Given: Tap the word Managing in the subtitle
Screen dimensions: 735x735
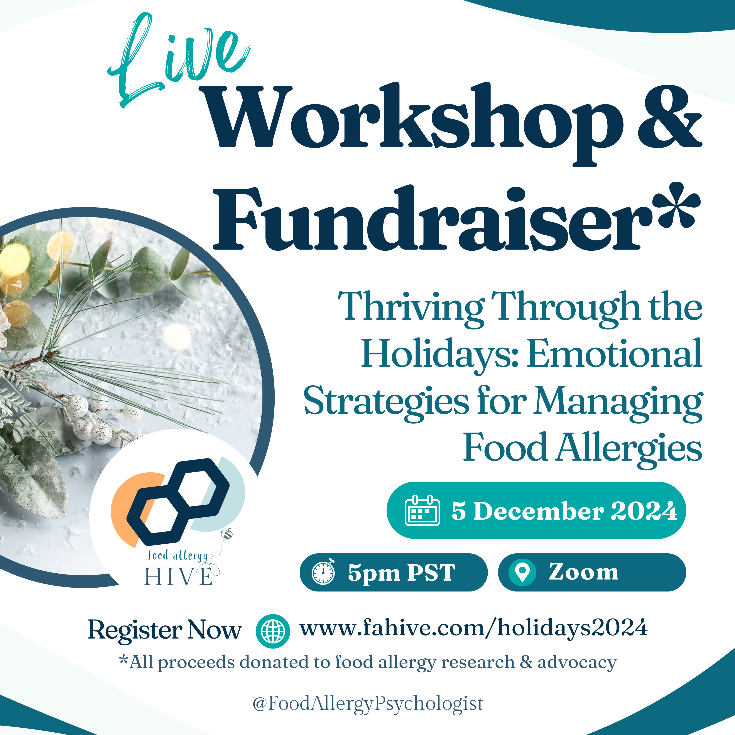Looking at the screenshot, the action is click(x=618, y=403).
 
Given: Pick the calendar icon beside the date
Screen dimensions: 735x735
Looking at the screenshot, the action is click(x=422, y=510).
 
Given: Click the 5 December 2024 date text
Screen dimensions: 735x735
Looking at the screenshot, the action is click(x=564, y=510).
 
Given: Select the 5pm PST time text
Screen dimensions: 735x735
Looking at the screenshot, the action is click(x=401, y=573).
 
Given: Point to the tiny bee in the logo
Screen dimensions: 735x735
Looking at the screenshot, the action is click(x=228, y=534).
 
